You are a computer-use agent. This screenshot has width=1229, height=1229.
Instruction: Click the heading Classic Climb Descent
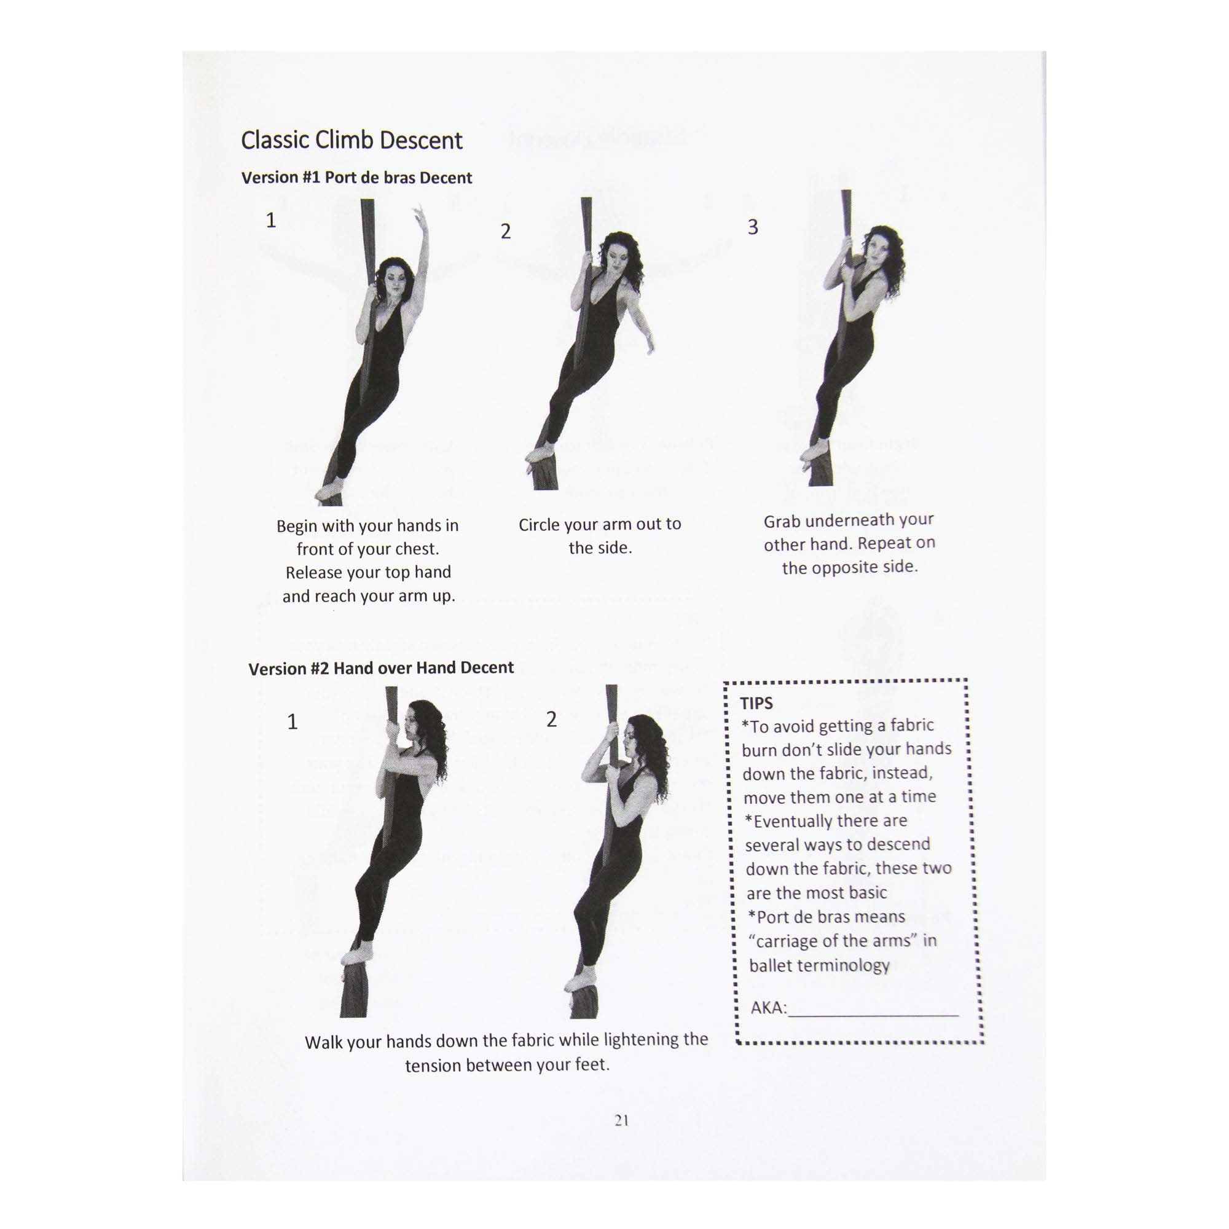pos(351,141)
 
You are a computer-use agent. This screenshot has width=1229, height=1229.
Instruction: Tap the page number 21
pos(621,1121)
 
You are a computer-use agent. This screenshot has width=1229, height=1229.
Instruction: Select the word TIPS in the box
pos(756,704)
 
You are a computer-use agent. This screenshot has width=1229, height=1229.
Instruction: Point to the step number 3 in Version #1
pos(753,227)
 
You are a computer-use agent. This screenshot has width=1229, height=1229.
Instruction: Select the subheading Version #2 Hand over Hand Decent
pos(380,668)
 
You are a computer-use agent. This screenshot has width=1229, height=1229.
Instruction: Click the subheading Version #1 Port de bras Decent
pos(356,178)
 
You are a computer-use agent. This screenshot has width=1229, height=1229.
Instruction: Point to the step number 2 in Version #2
pos(552,720)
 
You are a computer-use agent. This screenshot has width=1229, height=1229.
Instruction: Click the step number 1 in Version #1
pos(270,221)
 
